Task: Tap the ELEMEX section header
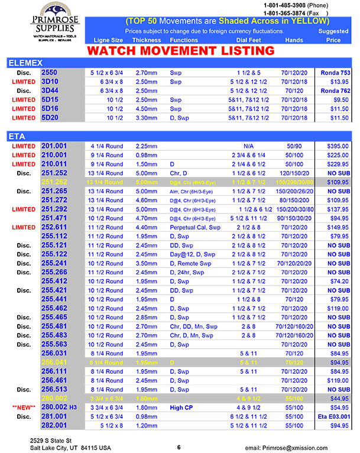(24, 63)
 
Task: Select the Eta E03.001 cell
(334, 417)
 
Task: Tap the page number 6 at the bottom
(179, 448)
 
